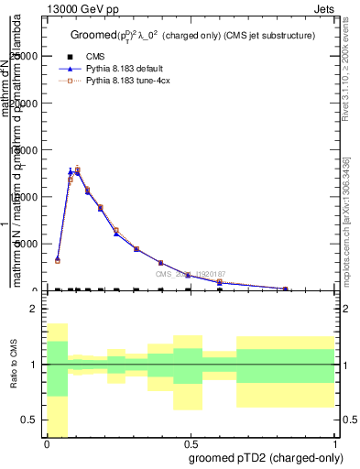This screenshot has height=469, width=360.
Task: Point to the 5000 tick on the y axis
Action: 30,244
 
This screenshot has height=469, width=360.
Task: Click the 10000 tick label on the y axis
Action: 27,197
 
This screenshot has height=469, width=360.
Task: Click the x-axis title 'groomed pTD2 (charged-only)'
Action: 260,457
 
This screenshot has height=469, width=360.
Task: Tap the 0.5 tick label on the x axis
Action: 191,444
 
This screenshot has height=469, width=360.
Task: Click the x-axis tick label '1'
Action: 334,444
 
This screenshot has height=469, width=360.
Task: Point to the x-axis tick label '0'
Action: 47,444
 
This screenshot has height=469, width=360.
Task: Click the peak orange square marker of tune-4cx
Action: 77,169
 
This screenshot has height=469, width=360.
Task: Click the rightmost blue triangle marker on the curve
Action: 287,288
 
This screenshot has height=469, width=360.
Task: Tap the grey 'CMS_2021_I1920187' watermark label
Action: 190,274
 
